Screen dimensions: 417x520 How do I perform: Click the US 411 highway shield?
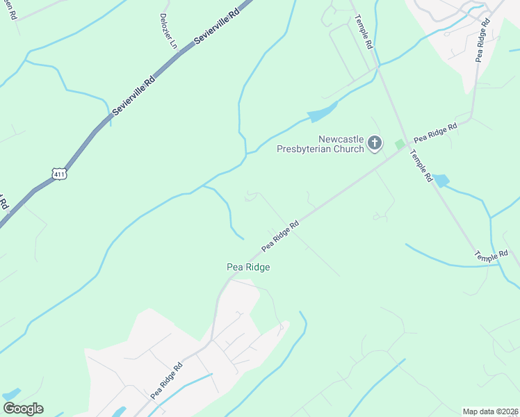tap(59, 174)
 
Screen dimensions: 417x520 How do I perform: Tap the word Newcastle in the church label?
tap(341, 139)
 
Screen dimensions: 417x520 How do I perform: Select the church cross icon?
tap(375, 144)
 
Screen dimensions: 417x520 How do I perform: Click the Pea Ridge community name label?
tap(248, 267)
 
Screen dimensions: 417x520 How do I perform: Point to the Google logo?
tap(23, 409)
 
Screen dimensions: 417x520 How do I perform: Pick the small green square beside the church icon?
tap(399, 145)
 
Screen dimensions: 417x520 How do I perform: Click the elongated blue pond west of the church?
tap(322, 112)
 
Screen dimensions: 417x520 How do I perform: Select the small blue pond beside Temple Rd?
tap(441, 181)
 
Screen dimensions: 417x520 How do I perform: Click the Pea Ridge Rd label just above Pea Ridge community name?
tap(280, 236)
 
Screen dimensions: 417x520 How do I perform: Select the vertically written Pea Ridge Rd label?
tap(483, 40)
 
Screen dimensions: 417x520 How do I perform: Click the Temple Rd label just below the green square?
tap(421, 167)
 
